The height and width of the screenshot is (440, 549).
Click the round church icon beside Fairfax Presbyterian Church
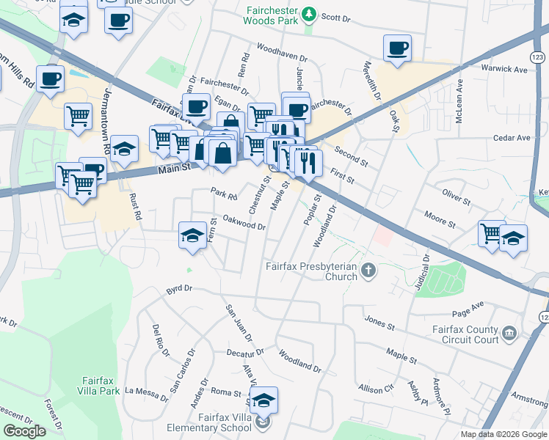click(x=368, y=272)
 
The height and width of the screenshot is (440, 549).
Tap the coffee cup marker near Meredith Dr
click(x=397, y=49)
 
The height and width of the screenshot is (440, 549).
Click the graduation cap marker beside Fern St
click(x=192, y=235)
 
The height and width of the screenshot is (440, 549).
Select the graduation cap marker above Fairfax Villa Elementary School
click(x=263, y=400)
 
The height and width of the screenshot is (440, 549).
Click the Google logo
click(x=25, y=431)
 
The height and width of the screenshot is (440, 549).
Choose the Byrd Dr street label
click(x=174, y=290)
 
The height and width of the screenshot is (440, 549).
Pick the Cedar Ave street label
click(x=512, y=138)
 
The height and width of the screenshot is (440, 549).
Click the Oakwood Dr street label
click(x=244, y=222)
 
